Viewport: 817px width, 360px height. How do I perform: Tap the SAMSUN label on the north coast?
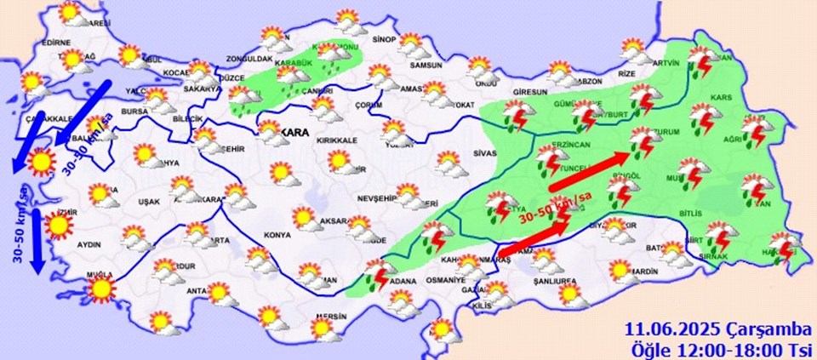(x=426, y=66)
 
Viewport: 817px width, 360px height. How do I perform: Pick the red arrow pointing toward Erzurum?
(x=592, y=170)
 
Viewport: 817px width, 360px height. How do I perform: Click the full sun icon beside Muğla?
(x=101, y=291)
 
